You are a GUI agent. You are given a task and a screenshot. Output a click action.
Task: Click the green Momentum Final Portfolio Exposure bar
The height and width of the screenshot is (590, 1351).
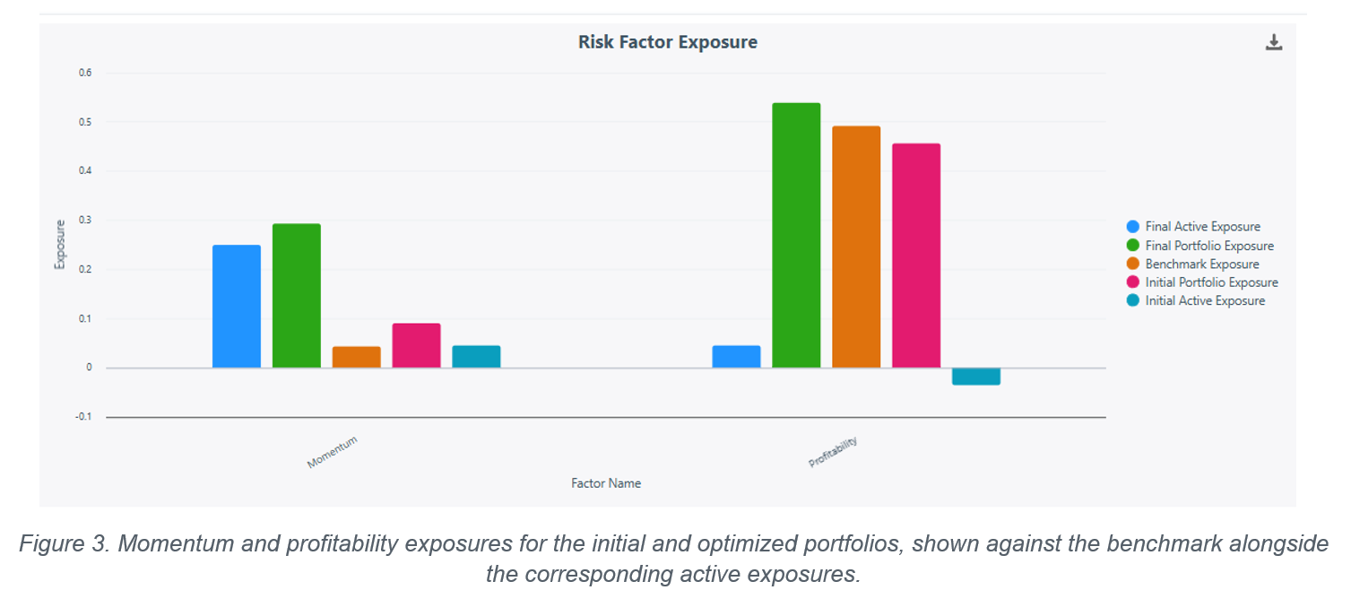(x=296, y=296)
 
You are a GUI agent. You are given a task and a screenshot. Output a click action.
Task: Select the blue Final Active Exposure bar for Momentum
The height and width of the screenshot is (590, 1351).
(x=237, y=307)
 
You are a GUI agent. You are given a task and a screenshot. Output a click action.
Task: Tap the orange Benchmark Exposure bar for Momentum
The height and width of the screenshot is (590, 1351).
(x=357, y=357)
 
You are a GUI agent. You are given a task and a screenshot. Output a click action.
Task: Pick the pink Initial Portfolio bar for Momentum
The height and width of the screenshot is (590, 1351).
(x=416, y=346)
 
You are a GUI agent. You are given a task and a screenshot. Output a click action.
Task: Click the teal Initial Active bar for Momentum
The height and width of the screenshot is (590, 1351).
(x=476, y=357)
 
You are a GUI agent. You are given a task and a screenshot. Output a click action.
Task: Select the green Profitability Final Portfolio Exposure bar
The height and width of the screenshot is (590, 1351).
(x=796, y=235)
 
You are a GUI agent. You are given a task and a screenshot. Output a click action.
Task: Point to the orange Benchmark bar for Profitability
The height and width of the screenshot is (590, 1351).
(x=856, y=247)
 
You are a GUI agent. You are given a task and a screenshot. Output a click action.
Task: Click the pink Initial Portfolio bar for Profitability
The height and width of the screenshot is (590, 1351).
(x=916, y=256)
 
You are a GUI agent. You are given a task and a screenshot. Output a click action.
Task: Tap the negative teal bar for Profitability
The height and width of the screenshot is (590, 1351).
(x=976, y=377)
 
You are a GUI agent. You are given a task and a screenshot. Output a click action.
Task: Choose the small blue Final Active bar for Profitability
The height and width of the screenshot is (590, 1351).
(x=736, y=357)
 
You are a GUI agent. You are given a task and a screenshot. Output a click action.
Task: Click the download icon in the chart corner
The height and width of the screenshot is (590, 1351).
(x=1274, y=42)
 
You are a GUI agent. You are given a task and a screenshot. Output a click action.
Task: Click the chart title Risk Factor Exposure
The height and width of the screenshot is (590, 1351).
(x=668, y=42)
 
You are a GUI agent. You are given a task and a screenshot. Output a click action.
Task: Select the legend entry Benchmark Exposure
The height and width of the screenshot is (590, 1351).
(x=1201, y=265)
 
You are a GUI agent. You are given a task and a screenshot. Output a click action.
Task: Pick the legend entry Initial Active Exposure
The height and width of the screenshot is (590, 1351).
(x=1205, y=300)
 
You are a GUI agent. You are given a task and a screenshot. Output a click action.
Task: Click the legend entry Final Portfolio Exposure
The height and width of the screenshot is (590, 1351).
(x=1209, y=246)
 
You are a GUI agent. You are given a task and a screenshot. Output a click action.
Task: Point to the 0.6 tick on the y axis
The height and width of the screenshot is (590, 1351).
(x=85, y=73)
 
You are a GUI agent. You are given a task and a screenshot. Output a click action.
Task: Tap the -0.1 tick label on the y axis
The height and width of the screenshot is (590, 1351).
(x=84, y=417)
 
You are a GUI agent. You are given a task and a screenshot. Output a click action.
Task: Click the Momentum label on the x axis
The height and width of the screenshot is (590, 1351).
(x=333, y=452)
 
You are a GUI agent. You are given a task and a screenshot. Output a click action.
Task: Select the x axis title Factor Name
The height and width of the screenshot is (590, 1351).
(x=606, y=483)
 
